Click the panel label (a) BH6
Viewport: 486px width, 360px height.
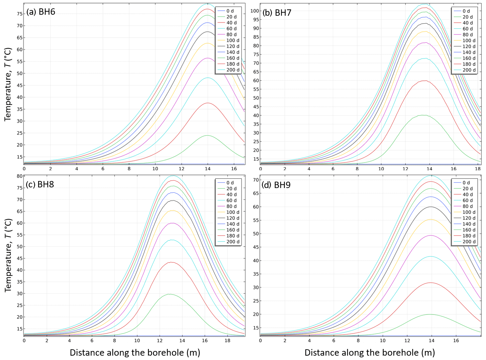(x=41, y=12)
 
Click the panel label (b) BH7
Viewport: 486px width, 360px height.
(x=277, y=13)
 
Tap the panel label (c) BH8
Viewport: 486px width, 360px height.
(x=40, y=184)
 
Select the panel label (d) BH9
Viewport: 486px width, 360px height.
(x=276, y=185)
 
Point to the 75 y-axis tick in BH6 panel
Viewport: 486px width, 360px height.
(x=20, y=14)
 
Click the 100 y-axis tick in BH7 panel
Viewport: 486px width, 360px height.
(x=255, y=11)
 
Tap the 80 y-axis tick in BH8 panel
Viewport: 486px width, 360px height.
(x=20, y=176)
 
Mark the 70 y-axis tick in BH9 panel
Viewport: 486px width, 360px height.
(x=256, y=180)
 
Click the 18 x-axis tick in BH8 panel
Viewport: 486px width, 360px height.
(x=227, y=341)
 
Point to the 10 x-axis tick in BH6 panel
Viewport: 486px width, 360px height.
(x=155, y=169)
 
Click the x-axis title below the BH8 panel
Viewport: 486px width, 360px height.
(x=135, y=353)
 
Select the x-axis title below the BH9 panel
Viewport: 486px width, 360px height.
(x=370, y=353)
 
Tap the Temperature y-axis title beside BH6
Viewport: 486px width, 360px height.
(x=8, y=84)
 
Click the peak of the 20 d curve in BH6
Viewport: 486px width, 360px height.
(x=207, y=136)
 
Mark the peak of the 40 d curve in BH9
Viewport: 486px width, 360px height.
(x=431, y=283)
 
